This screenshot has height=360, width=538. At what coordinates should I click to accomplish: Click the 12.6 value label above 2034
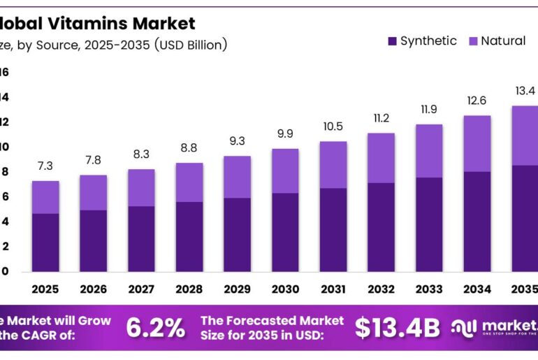pyautogui.click(x=477, y=101)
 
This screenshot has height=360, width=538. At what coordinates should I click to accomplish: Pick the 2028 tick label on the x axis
pyautogui.click(x=189, y=289)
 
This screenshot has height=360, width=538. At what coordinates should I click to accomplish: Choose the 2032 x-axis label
pyautogui.click(x=381, y=289)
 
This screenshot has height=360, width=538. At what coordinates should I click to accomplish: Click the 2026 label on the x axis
pyautogui.click(x=94, y=289)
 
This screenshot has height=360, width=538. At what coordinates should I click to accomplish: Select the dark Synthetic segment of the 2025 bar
pyautogui.click(x=45, y=242)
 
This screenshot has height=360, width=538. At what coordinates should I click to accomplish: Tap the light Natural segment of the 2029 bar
pyautogui.click(x=237, y=177)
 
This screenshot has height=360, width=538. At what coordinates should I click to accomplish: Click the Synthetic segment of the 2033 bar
pyautogui.click(x=429, y=224)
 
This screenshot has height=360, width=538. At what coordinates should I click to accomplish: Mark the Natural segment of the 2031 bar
pyautogui.click(x=333, y=165)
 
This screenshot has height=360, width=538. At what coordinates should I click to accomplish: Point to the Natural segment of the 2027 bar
pyautogui.click(x=141, y=188)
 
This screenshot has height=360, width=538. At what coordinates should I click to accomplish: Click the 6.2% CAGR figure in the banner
pyautogui.click(x=155, y=328)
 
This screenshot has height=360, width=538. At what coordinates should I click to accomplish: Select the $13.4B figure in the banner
pyautogui.click(x=398, y=328)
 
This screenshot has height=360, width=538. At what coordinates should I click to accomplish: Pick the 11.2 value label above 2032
pyautogui.click(x=381, y=117)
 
